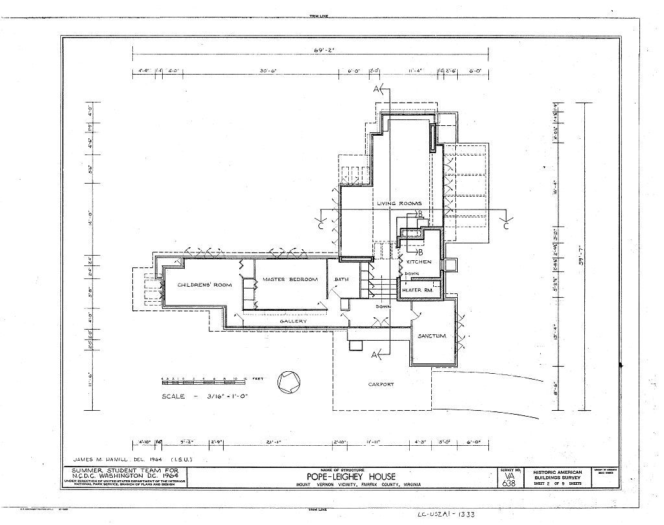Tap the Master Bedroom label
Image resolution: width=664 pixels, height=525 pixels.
(290, 280)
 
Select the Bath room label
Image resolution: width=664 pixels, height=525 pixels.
(341, 280)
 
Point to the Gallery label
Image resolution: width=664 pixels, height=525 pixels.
(293, 321)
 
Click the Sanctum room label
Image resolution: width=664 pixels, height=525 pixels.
(431, 336)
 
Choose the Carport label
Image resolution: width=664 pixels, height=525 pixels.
(381, 384)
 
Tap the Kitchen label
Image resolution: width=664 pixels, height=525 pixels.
(419, 262)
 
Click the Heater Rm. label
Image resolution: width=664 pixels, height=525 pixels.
(418, 290)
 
